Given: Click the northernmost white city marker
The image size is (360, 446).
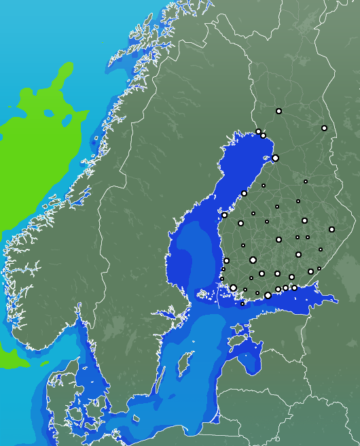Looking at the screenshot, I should click(x=278, y=111).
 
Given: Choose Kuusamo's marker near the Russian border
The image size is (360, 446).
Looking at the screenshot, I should click(x=324, y=128).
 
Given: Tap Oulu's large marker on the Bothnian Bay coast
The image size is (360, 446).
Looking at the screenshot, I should click(x=275, y=158).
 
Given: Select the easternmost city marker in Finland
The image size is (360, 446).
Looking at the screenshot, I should click(x=331, y=229).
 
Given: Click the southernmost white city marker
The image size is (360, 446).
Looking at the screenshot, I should click(x=242, y=304).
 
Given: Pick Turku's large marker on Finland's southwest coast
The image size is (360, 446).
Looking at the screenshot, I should click(x=233, y=288).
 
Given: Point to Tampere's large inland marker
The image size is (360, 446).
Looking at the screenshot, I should click(x=253, y=260).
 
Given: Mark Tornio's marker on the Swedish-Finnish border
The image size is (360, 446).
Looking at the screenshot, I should click(x=258, y=131).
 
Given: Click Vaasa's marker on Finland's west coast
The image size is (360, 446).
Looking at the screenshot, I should click(x=224, y=215).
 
